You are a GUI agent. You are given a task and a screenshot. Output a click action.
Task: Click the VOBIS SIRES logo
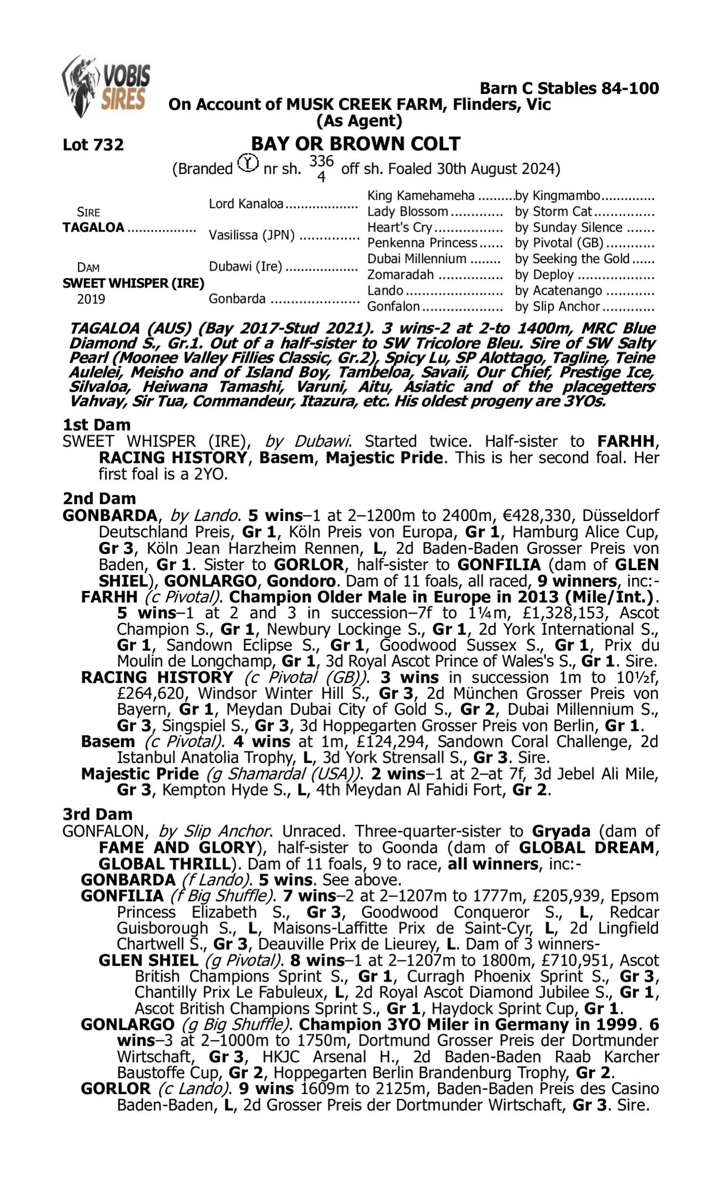pos(106,86)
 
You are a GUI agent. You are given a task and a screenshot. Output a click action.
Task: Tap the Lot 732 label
pos(93,144)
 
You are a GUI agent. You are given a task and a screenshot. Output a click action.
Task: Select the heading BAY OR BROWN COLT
pos(355,144)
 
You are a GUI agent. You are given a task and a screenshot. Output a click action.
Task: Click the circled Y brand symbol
pos(247,163)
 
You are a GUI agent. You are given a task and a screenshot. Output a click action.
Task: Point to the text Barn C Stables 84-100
pos(569,88)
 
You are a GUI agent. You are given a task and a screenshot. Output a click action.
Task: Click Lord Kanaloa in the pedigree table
pos(246,203)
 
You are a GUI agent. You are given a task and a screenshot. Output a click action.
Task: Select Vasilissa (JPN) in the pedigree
pos(252,235)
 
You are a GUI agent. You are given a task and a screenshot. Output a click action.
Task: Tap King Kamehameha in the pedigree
pos(420,196)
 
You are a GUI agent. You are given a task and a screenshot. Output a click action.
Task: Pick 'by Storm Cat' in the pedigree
pos(553,211)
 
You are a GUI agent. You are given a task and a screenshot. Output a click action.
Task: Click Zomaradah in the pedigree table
pos(400,275)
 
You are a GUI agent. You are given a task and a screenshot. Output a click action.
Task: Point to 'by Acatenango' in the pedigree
pos(558,290)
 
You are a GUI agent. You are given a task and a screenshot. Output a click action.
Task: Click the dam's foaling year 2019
pos(91,299)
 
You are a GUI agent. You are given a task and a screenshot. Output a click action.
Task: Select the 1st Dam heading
pos(96,425)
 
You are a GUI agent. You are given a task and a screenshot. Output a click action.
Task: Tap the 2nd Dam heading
pos(99,498)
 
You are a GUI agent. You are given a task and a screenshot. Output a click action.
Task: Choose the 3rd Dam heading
pos(97,814)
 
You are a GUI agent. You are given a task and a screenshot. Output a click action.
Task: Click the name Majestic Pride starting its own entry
pos(140,773)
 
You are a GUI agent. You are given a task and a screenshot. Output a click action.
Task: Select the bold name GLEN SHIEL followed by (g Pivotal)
pos(148,960)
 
